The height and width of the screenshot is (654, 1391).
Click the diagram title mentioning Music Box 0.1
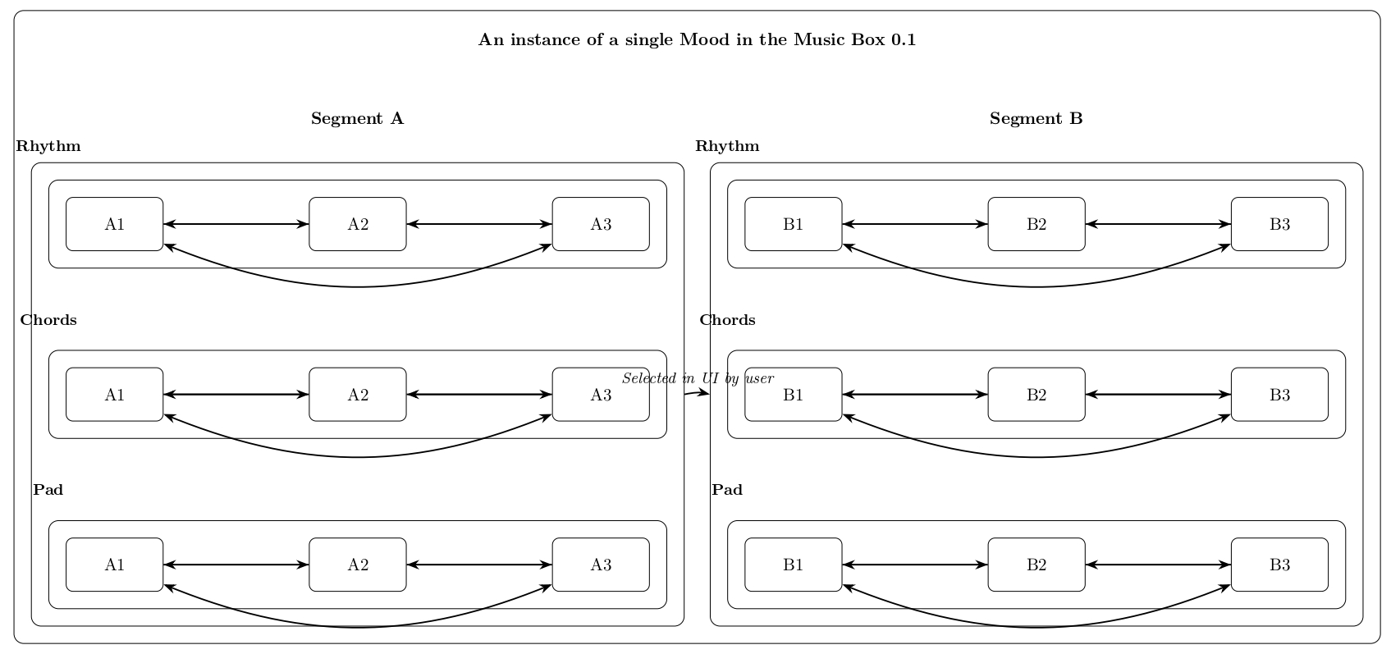pos(697,40)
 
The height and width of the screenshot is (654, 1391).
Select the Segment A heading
pos(357,119)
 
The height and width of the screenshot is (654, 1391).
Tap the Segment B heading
pos(1036,119)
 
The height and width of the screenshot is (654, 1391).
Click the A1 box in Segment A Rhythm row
pos(115,224)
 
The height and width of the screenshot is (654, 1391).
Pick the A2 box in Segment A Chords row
pos(358,395)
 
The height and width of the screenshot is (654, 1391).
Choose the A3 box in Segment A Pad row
pos(601,565)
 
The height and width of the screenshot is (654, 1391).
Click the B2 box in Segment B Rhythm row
pos(1036,224)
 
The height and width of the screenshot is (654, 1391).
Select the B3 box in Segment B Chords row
pos(1279,395)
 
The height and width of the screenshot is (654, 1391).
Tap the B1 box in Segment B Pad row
pos(794,565)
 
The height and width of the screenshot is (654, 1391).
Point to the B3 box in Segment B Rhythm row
pos(1279,224)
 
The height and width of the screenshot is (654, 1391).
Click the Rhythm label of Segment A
pos(48,147)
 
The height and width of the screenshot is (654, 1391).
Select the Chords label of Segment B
pos(727,320)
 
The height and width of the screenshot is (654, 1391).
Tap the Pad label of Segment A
pos(48,490)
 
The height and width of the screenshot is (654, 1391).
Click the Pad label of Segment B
pos(727,490)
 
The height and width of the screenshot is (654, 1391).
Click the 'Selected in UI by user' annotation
pos(698,378)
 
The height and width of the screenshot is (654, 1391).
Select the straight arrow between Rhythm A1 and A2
pos(236,224)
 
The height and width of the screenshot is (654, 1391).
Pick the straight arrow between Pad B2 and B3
pos(1158,565)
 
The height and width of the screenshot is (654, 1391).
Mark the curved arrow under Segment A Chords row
pos(358,456)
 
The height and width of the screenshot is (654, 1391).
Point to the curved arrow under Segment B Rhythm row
pos(1036,286)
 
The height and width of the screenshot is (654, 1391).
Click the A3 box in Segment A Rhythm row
pos(601,224)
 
